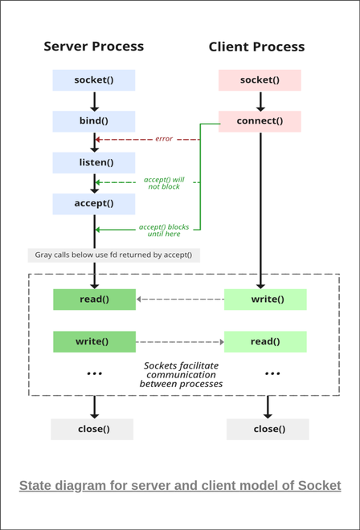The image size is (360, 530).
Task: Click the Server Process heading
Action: pyautogui.click(x=94, y=47)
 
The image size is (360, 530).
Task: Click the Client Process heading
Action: pyautogui.click(x=256, y=47)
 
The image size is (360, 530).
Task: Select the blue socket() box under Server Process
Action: pyautogui.click(x=94, y=80)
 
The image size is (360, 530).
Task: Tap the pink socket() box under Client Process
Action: pyautogui.click(x=260, y=80)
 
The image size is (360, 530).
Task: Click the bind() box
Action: pyautogui.click(x=94, y=121)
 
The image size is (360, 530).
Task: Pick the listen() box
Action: pyautogui.click(x=94, y=162)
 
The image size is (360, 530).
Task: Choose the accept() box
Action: pyautogui.click(x=94, y=203)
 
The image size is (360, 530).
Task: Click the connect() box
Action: pyautogui.click(x=260, y=121)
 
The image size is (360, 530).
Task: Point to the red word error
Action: pyautogui.click(x=164, y=140)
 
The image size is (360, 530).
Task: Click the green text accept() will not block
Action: pyautogui.click(x=164, y=182)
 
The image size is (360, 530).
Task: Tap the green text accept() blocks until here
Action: pyautogui.click(x=164, y=230)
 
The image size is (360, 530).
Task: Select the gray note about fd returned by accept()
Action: pyautogui.click(x=113, y=255)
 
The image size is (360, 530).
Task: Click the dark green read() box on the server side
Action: pyautogui.click(x=94, y=300)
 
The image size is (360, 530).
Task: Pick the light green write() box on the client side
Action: pyautogui.click(x=265, y=300)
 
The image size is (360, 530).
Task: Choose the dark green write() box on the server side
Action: pyautogui.click(x=94, y=341)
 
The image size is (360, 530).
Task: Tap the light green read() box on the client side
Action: pyautogui.click(x=265, y=341)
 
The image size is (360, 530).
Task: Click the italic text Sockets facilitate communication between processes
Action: pyautogui.click(x=181, y=374)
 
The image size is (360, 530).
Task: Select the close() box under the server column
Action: pyautogui.click(x=94, y=429)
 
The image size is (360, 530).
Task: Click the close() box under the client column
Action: pyautogui.click(x=268, y=429)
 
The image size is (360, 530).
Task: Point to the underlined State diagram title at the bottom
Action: pyautogui.click(x=180, y=486)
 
